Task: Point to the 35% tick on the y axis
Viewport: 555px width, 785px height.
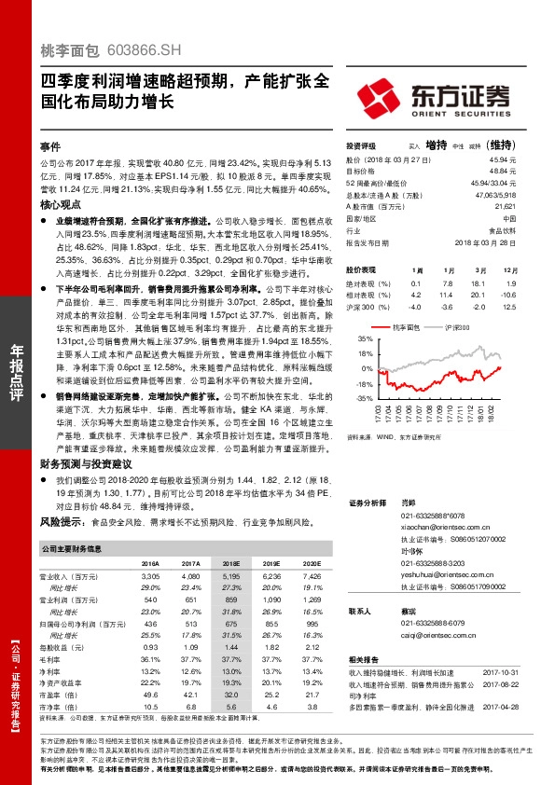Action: (366, 341)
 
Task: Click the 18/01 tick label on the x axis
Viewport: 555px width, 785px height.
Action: (474, 413)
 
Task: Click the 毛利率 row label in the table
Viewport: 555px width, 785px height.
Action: (54, 659)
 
